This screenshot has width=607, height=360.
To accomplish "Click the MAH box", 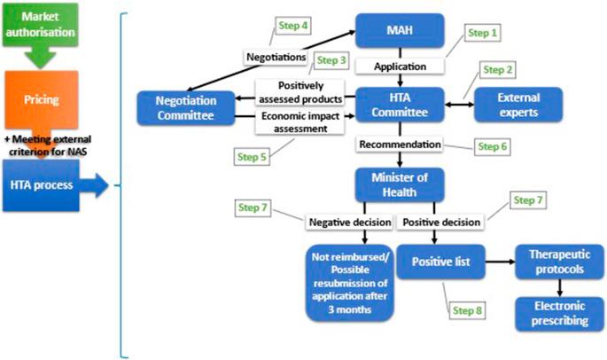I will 398,32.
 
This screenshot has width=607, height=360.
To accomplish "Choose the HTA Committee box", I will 398,106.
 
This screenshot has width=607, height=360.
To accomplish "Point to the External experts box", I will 519,105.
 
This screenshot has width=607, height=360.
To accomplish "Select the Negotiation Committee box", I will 183,106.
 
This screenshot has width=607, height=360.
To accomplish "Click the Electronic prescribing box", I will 560,313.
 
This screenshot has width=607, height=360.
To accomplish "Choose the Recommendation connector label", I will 398,143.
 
